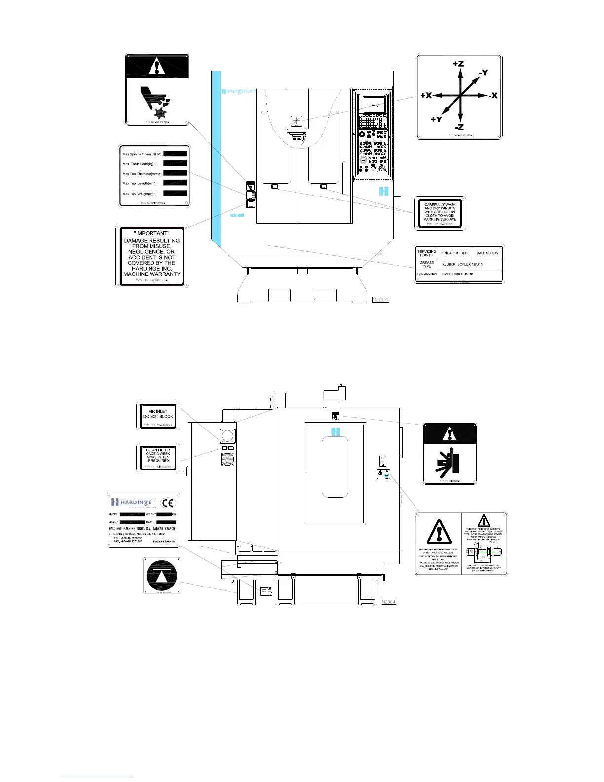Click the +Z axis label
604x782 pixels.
point(458,64)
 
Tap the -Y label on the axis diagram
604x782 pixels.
point(483,73)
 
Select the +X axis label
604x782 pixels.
point(426,96)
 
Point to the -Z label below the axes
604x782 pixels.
point(459,128)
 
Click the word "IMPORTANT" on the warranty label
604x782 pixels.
point(152,233)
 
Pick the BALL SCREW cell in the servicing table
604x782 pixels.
point(487,253)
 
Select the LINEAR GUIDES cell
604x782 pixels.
point(454,253)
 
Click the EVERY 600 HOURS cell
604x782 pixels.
point(457,274)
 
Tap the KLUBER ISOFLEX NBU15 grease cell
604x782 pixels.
point(462,264)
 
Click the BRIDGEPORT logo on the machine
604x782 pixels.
point(238,91)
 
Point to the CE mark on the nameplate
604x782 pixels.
point(169,503)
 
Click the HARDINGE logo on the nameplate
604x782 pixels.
point(134,503)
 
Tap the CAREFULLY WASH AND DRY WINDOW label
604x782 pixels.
point(440,213)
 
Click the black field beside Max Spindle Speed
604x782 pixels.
point(175,154)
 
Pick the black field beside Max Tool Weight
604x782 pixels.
point(175,194)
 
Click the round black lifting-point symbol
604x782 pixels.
point(161,575)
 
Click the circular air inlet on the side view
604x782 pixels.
point(227,435)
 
